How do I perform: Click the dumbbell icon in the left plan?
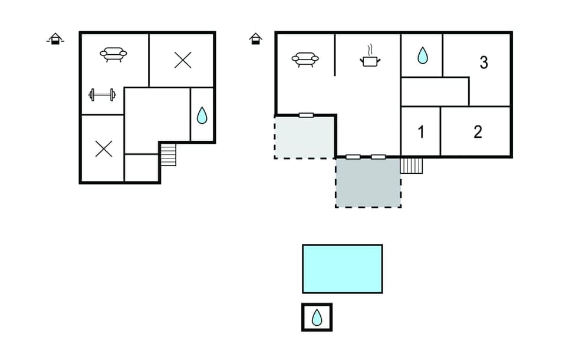[102, 94]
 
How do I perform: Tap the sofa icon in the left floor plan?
[113, 55]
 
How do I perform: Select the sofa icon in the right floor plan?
[305, 59]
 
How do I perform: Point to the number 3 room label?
[483, 62]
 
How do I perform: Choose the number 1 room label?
[421, 132]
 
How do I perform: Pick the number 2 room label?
[478, 132]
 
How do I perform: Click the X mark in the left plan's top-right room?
[183, 60]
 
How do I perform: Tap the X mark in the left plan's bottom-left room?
[104, 149]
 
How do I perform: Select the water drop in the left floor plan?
[202, 115]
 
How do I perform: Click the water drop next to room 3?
[422, 56]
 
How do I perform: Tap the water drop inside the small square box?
[317, 318]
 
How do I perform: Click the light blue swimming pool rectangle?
[342, 269]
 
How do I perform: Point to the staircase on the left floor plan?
[168, 155]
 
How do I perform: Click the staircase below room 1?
[412, 165]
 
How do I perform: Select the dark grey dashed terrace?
[368, 182]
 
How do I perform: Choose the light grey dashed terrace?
[304, 137]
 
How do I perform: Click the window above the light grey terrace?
[306, 115]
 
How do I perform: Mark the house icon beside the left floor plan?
[55, 39]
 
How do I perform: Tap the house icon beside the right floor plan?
[255, 39]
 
